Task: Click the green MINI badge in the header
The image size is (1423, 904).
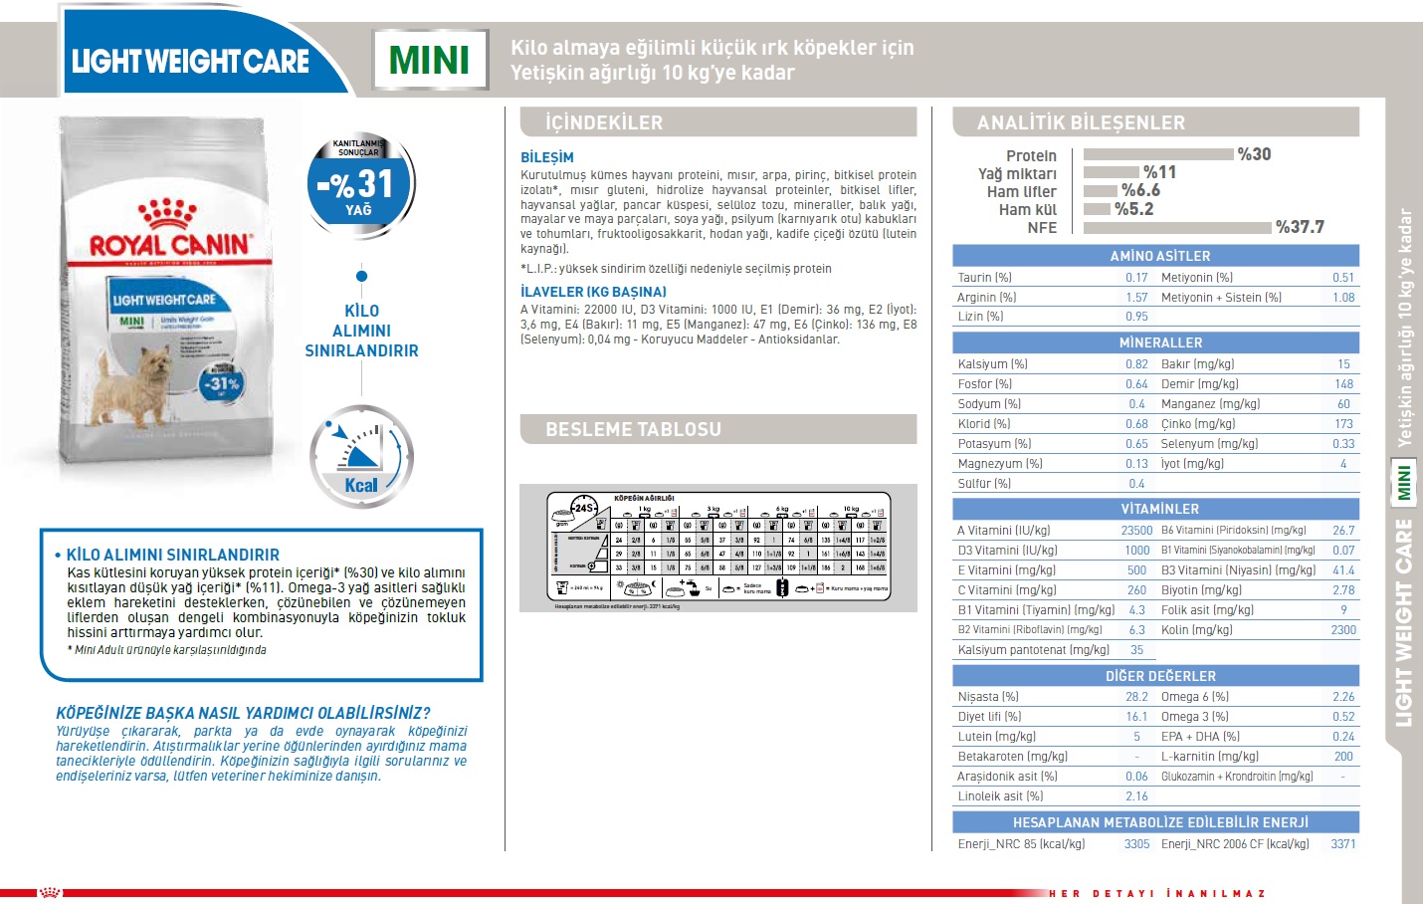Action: coord(429,60)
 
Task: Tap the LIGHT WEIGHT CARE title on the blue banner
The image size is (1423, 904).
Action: coord(190,62)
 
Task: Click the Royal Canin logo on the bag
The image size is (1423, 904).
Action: coord(168,233)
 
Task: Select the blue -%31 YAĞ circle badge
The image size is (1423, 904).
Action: coord(360,185)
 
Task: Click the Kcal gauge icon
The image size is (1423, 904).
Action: coord(360,456)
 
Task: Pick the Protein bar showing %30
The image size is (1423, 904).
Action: coord(1157,154)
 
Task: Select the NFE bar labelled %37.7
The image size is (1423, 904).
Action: coord(1176,228)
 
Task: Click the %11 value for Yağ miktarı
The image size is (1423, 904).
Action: coord(1159,172)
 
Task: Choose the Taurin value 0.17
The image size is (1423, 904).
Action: coord(1136,278)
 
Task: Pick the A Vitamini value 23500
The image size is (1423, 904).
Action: coord(1136,531)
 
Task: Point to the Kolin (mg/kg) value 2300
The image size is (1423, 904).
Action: coord(1343,630)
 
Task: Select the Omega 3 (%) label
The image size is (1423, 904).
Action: coord(1194,717)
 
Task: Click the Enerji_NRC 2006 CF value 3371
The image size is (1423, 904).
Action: coord(1343,844)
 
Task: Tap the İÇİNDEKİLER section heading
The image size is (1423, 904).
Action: coord(604,122)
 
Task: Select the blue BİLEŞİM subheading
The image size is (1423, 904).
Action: coord(546,157)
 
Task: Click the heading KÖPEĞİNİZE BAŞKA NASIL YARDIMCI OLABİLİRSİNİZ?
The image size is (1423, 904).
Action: coord(243,713)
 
